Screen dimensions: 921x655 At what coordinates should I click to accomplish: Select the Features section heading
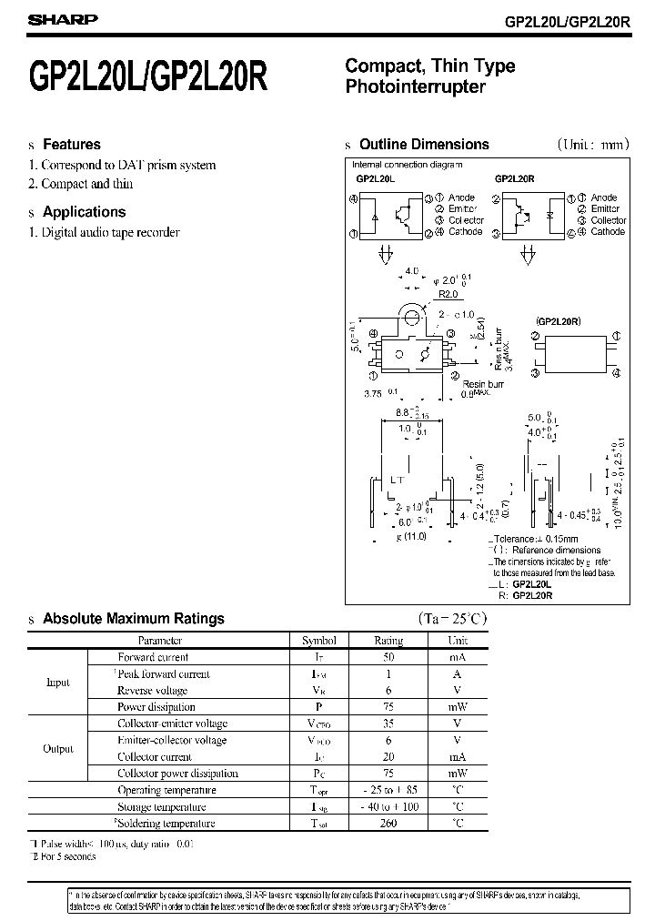72,145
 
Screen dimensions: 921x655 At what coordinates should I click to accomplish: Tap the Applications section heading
84,212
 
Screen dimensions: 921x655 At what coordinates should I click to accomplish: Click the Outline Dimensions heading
424,145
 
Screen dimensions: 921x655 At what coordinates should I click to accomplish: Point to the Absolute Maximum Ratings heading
133,619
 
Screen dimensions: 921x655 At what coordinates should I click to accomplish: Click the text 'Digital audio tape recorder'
110,232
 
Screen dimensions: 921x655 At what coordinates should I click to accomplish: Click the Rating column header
388,641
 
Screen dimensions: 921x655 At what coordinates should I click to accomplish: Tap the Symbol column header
318,641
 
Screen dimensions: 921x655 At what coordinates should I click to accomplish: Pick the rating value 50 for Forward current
388,657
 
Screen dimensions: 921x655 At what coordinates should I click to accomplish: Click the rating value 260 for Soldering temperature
388,824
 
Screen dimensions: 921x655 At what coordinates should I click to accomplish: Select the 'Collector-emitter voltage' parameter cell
172,724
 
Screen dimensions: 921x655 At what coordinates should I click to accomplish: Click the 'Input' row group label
57,683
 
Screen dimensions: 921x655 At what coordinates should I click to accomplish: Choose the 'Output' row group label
58,749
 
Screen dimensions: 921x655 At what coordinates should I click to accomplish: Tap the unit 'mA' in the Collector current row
457,757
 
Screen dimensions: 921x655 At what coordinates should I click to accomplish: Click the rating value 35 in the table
388,724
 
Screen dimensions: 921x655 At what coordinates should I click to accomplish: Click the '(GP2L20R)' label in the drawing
559,321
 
